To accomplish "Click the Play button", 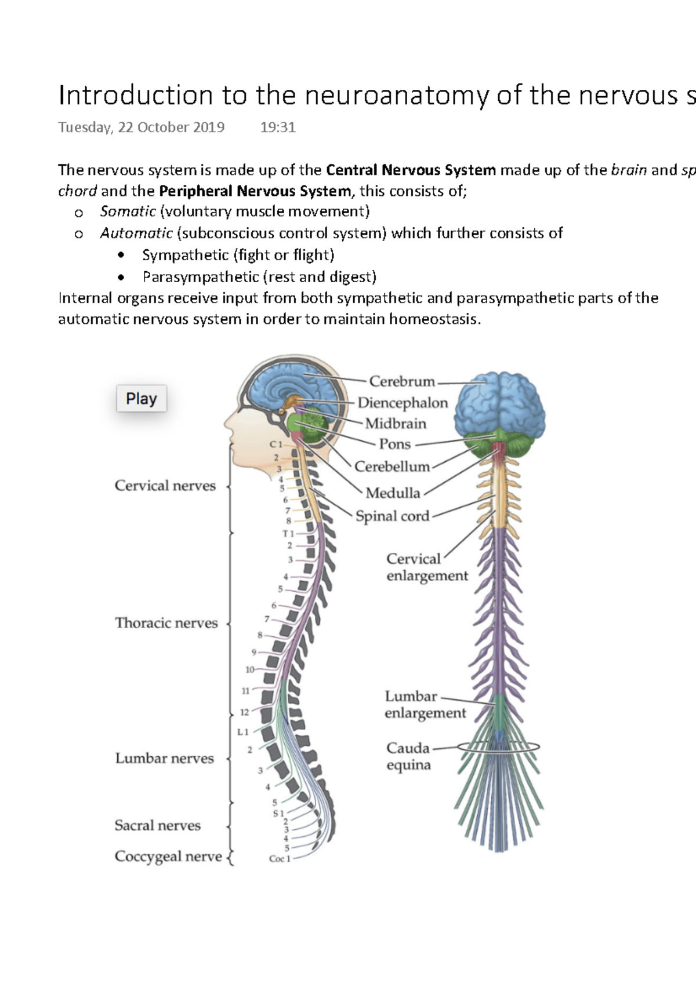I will pos(142,399).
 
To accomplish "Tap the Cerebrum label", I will pos(402,381).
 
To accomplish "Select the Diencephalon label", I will pos(403,403).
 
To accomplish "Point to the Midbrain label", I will pos(396,424).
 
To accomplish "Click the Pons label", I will pos(394,444).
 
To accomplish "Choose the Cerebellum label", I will pos(392,467).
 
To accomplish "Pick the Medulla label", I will pos(393,493).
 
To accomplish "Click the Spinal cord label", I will pos(392,516).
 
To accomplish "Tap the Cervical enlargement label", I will pos(426,567).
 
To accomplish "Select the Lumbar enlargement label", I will pos(425,705).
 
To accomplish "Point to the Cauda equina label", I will pos(408,756).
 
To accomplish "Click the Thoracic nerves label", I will pos(166,623).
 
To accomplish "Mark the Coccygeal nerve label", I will pos(168,857).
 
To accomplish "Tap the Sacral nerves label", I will pos(157,825).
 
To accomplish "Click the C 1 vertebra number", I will pos(275,444).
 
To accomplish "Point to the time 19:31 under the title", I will pos(278,127).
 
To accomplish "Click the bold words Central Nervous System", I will pos(411,170).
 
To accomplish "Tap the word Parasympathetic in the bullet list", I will pos(200,277).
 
